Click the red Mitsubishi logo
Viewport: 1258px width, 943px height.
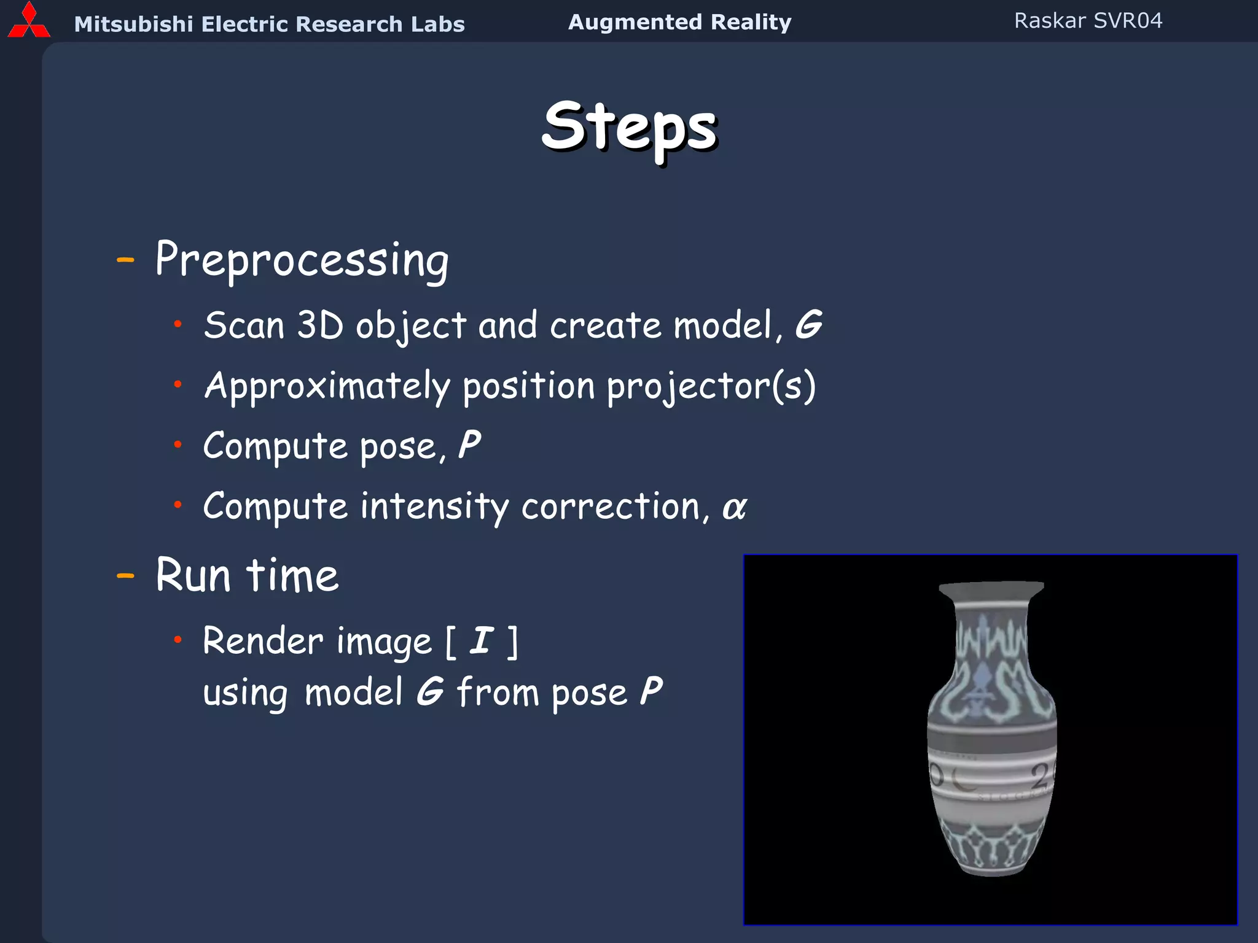click(28, 22)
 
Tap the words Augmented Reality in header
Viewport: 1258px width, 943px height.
click(679, 22)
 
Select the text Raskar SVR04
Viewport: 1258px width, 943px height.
click(1088, 21)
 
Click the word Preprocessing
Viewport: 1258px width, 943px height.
click(302, 260)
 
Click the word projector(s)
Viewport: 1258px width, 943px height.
click(711, 387)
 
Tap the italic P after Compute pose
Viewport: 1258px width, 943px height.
click(469, 444)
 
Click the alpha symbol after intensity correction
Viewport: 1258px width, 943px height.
click(734, 508)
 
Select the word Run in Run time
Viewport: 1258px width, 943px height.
click(193, 576)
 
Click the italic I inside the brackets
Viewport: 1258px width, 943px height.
click(482, 640)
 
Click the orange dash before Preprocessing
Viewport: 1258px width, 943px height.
click(125, 260)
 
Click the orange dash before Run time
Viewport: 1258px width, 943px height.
click(125, 576)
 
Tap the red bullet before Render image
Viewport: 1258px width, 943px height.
click(178, 640)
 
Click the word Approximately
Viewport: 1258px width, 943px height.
click(327, 387)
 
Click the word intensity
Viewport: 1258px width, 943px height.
click(434, 508)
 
